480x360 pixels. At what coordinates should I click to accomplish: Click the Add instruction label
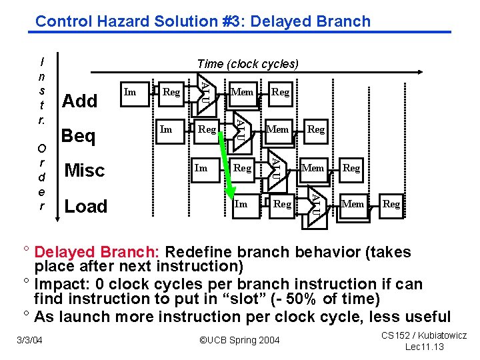[x=79, y=101]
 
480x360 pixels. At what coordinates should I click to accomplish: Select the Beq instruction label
[x=79, y=136]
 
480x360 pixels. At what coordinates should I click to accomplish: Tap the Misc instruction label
[x=85, y=171]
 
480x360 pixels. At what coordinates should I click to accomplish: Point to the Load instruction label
[x=85, y=207]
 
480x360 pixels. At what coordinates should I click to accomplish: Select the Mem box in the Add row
[x=241, y=92]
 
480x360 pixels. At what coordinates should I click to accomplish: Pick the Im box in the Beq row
[x=167, y=129]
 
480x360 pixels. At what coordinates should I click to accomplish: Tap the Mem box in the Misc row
[x=312, y=168]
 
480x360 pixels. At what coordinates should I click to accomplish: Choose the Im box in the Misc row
[x=201, y=168]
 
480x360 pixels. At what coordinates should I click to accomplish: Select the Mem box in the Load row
[x=353, y=203]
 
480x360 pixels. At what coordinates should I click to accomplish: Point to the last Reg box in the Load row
[x=391, y=203]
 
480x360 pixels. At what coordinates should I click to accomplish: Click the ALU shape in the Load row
[x=315, y=203]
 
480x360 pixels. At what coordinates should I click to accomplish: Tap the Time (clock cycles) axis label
[x=248, y=64]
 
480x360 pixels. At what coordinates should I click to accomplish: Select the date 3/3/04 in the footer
[x=29, y=341]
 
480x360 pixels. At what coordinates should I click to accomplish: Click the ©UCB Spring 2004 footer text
[x=239, y=341]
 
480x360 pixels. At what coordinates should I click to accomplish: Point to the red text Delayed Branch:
[x=97, y=253]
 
